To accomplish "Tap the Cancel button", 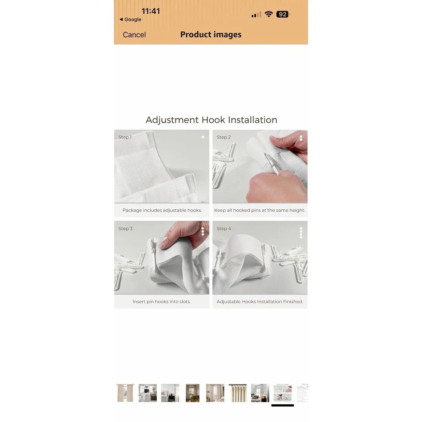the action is click(x=134, y=35).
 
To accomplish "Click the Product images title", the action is click(x=211, y=35).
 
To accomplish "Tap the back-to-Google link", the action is click(x=130, y=19).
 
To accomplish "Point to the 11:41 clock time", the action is click(x=151, y=11).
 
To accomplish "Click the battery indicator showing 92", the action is click(x=283, y=14).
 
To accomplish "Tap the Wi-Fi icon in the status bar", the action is click(x=268, y=14).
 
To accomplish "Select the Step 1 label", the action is click(x=125, y=137).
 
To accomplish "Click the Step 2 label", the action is click(x=224, y=137).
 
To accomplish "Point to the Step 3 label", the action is click(x=125, y=228).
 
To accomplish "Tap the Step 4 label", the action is click(x=224, y=228).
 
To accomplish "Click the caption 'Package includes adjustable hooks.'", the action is click(x=162, y=210).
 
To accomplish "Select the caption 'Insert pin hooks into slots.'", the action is click(x=162, y=302).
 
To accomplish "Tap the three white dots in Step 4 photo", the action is click(x=301, y=233).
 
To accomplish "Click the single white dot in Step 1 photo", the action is click(x=203, y=137).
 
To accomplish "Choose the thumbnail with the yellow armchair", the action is click(x=193, y=393).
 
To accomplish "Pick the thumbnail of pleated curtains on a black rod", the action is click(x=238, y=393).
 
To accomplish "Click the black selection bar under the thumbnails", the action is click(x=283, y=405).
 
